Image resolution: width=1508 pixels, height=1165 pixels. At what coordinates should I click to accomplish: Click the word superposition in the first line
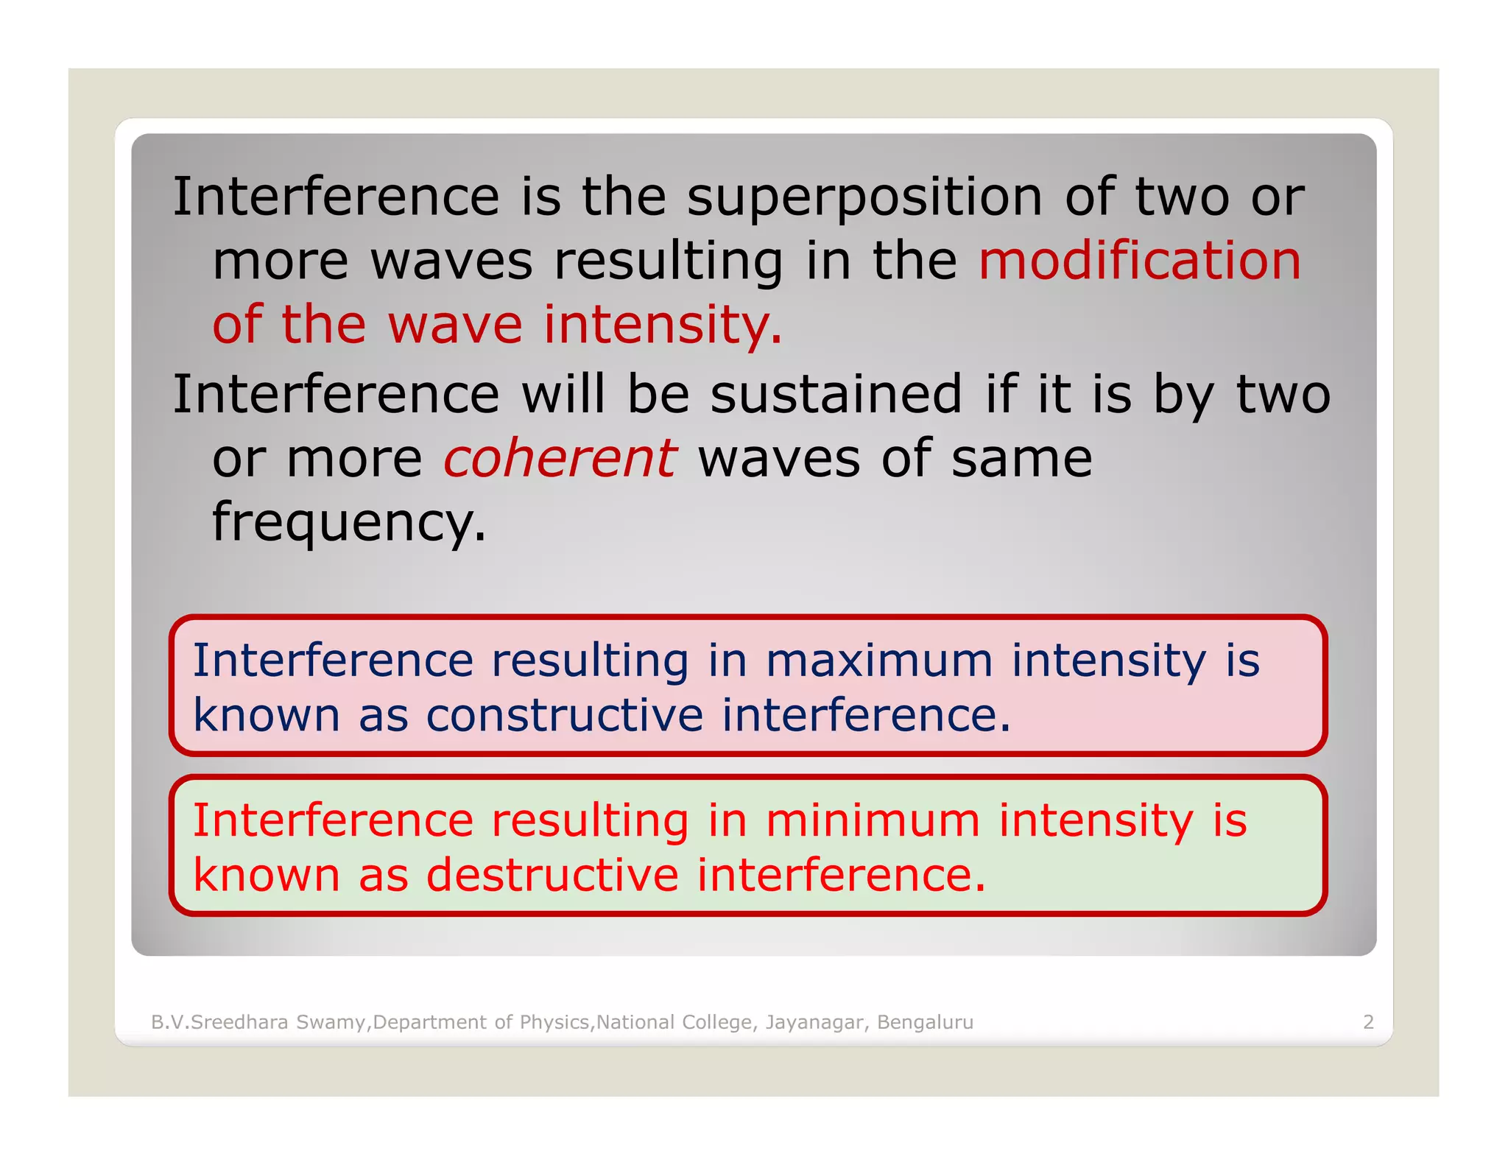click(x=864, y=199)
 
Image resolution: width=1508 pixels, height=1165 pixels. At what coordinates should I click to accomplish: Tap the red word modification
click(x=1139, y=261)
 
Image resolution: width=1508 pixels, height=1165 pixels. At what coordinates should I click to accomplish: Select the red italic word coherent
click(x=559, y=459)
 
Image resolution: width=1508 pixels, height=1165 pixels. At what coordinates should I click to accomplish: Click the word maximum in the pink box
click(x=879, y=661)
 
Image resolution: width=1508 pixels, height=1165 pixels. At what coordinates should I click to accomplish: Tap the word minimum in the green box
click(x=873, y=820)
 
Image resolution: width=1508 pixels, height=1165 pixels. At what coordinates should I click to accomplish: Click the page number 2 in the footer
click(x=1368, y=1022)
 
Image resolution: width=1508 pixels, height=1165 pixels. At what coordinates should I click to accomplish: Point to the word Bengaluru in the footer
click(x=925, y=1022)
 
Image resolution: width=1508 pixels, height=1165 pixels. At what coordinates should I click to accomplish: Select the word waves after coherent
click(x=778, y=459)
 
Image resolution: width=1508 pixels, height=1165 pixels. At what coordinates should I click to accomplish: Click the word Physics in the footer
click(x=554, y=1022)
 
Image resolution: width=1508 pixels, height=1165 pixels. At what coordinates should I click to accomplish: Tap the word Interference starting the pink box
click(x=333, y=661)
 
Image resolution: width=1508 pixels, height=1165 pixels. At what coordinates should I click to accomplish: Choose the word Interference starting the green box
click(x=333, y=820)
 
